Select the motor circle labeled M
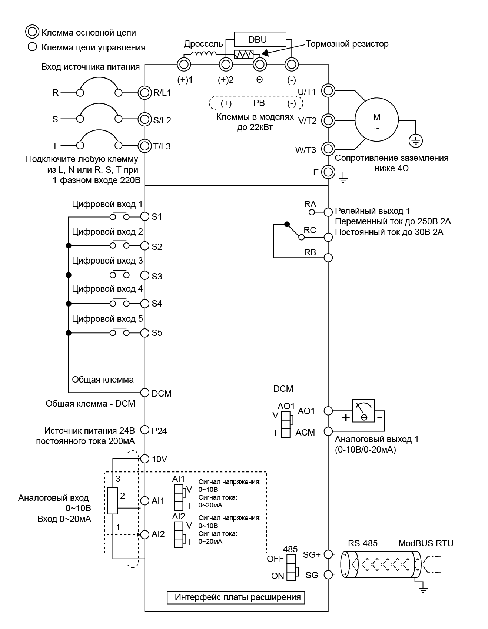pos(376,120)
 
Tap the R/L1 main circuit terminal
pos(144,92)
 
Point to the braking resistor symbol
pos(243,54)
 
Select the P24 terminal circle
pos(145,430)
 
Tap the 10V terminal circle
pos(145,458)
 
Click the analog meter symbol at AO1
pos(363,411)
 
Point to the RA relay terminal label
pos(310,204)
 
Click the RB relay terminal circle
pos(328,257)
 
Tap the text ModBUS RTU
pos(426,543)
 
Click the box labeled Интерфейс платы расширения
pos(236,597)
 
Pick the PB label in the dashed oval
pos(259,103)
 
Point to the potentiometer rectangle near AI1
pos(113,501)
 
